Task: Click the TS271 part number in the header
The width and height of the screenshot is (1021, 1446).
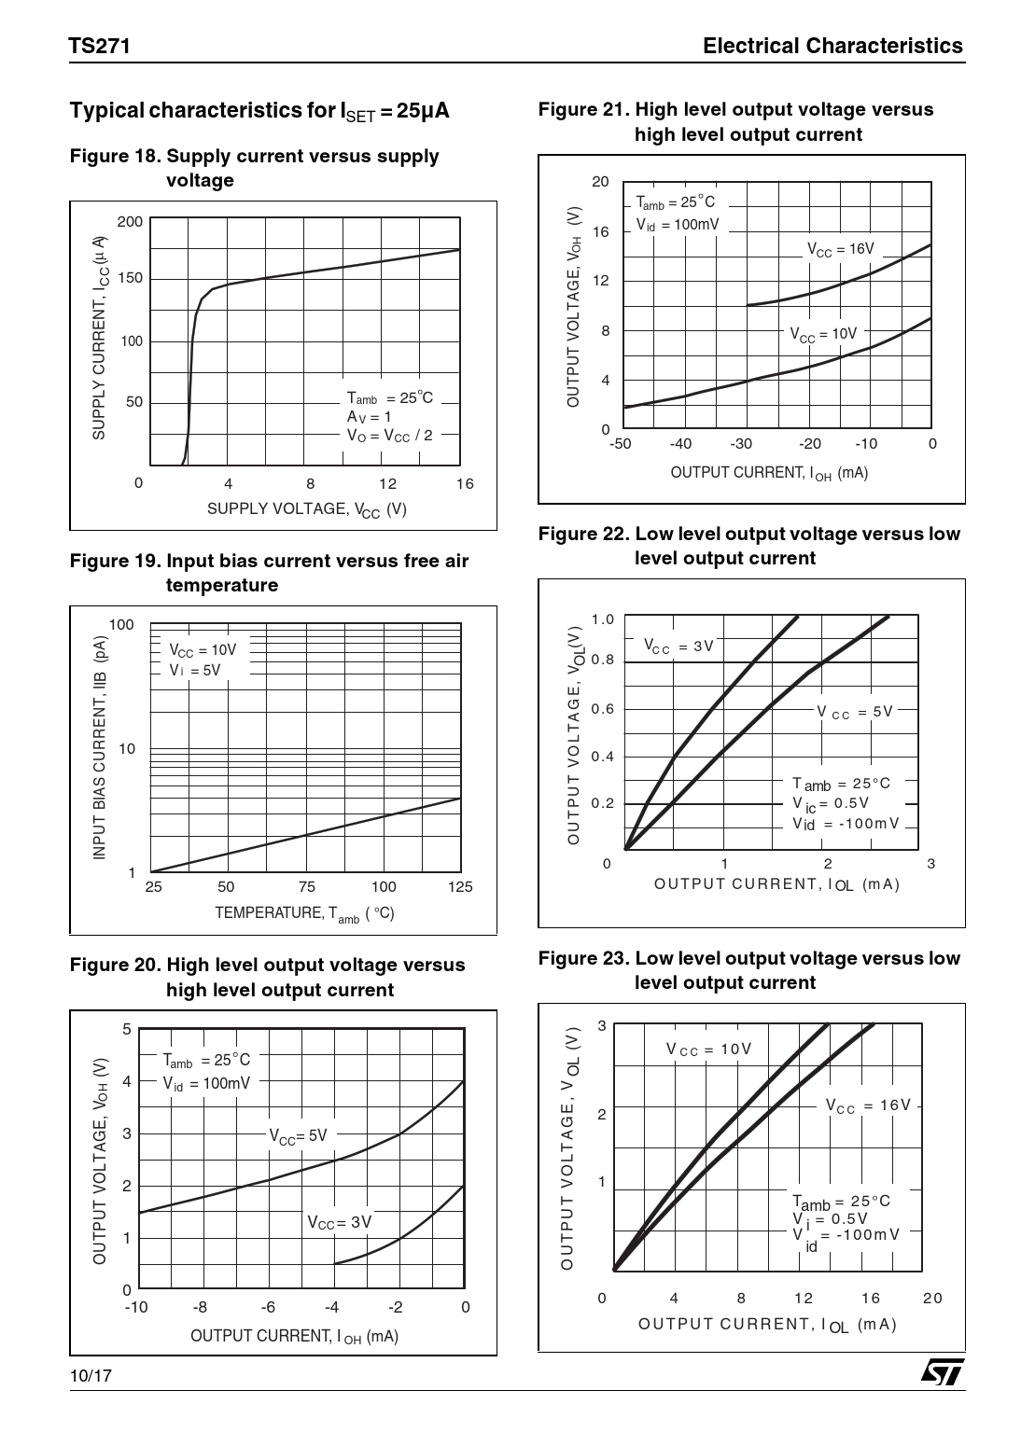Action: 99,46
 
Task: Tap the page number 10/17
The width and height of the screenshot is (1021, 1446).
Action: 91,1376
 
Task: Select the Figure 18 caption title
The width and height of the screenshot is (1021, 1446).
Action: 255,168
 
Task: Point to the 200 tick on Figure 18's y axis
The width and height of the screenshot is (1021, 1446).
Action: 130,222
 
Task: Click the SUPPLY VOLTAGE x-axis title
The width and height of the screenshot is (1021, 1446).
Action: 306,509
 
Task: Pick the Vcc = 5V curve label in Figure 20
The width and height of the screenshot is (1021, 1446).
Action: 299,1135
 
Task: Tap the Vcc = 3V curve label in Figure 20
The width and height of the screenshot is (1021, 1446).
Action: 340,1222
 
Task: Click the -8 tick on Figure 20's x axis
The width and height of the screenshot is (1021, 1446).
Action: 200,1307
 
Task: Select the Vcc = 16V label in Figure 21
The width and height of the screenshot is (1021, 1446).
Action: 840,250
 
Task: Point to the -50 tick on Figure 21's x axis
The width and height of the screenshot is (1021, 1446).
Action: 620,444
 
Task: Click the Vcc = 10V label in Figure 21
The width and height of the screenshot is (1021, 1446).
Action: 822,334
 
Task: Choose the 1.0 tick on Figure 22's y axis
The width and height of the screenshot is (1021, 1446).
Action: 603,619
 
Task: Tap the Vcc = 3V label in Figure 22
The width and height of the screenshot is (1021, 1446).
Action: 678,647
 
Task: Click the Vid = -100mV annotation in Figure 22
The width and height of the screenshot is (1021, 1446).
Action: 846,824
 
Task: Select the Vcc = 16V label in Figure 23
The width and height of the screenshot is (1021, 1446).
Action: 867,1105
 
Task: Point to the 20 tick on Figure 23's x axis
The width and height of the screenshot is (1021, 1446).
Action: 931,1298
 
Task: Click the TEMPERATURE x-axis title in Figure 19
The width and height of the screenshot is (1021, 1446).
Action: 304,914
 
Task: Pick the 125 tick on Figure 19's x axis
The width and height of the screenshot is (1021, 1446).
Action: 460,887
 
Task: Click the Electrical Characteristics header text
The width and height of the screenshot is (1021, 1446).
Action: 832,46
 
